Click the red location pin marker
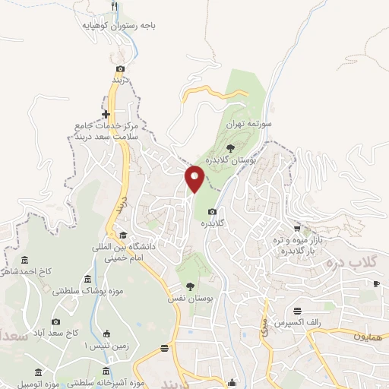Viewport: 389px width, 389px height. tap(195, 177)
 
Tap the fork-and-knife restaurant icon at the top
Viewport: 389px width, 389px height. tap(115, 7)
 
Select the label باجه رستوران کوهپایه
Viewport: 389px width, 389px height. tap(120, 24)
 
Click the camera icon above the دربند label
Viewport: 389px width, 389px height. tap(120, 68)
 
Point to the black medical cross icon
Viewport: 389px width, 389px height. tap(106, 114)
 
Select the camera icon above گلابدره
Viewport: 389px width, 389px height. tap(212, 211)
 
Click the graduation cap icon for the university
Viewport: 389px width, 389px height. tap(123, 235)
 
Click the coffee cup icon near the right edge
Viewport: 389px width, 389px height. tap(375, 283)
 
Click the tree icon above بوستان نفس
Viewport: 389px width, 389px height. tap(189, 286)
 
